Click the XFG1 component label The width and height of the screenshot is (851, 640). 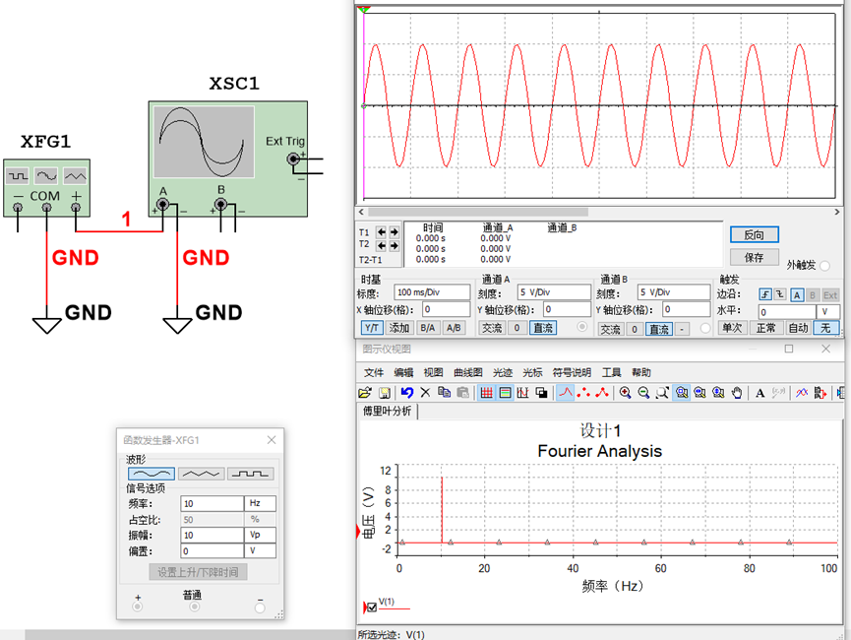tap(45, 142)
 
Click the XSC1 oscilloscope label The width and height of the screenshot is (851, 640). tap(234, 84)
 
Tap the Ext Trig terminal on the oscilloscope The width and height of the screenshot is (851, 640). tap(293, 159)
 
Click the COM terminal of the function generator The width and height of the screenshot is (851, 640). tap(46, 207)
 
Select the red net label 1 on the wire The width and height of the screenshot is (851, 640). tap(127, 219)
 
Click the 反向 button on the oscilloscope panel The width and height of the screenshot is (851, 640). tap(754, 234)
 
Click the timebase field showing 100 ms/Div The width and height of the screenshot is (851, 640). tap(432, 292)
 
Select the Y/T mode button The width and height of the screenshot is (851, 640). tap(372, 328)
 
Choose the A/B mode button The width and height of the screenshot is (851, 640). tap(454, 328)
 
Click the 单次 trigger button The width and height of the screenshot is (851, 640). tap(732, 328)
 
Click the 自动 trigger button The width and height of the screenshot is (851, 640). tap(798, 328)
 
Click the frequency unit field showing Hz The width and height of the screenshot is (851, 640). tap(260, 504)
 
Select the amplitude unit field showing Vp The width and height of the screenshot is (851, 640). tap(260, 536)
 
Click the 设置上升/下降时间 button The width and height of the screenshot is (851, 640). tap(198, 572)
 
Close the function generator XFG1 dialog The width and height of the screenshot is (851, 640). tap(272, 440)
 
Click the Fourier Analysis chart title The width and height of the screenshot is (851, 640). tap(600, 451)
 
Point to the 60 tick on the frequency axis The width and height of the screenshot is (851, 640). tap(660, 568)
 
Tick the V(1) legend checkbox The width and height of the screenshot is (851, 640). tap(372, 608)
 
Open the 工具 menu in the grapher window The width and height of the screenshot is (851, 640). tap(611, 373)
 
